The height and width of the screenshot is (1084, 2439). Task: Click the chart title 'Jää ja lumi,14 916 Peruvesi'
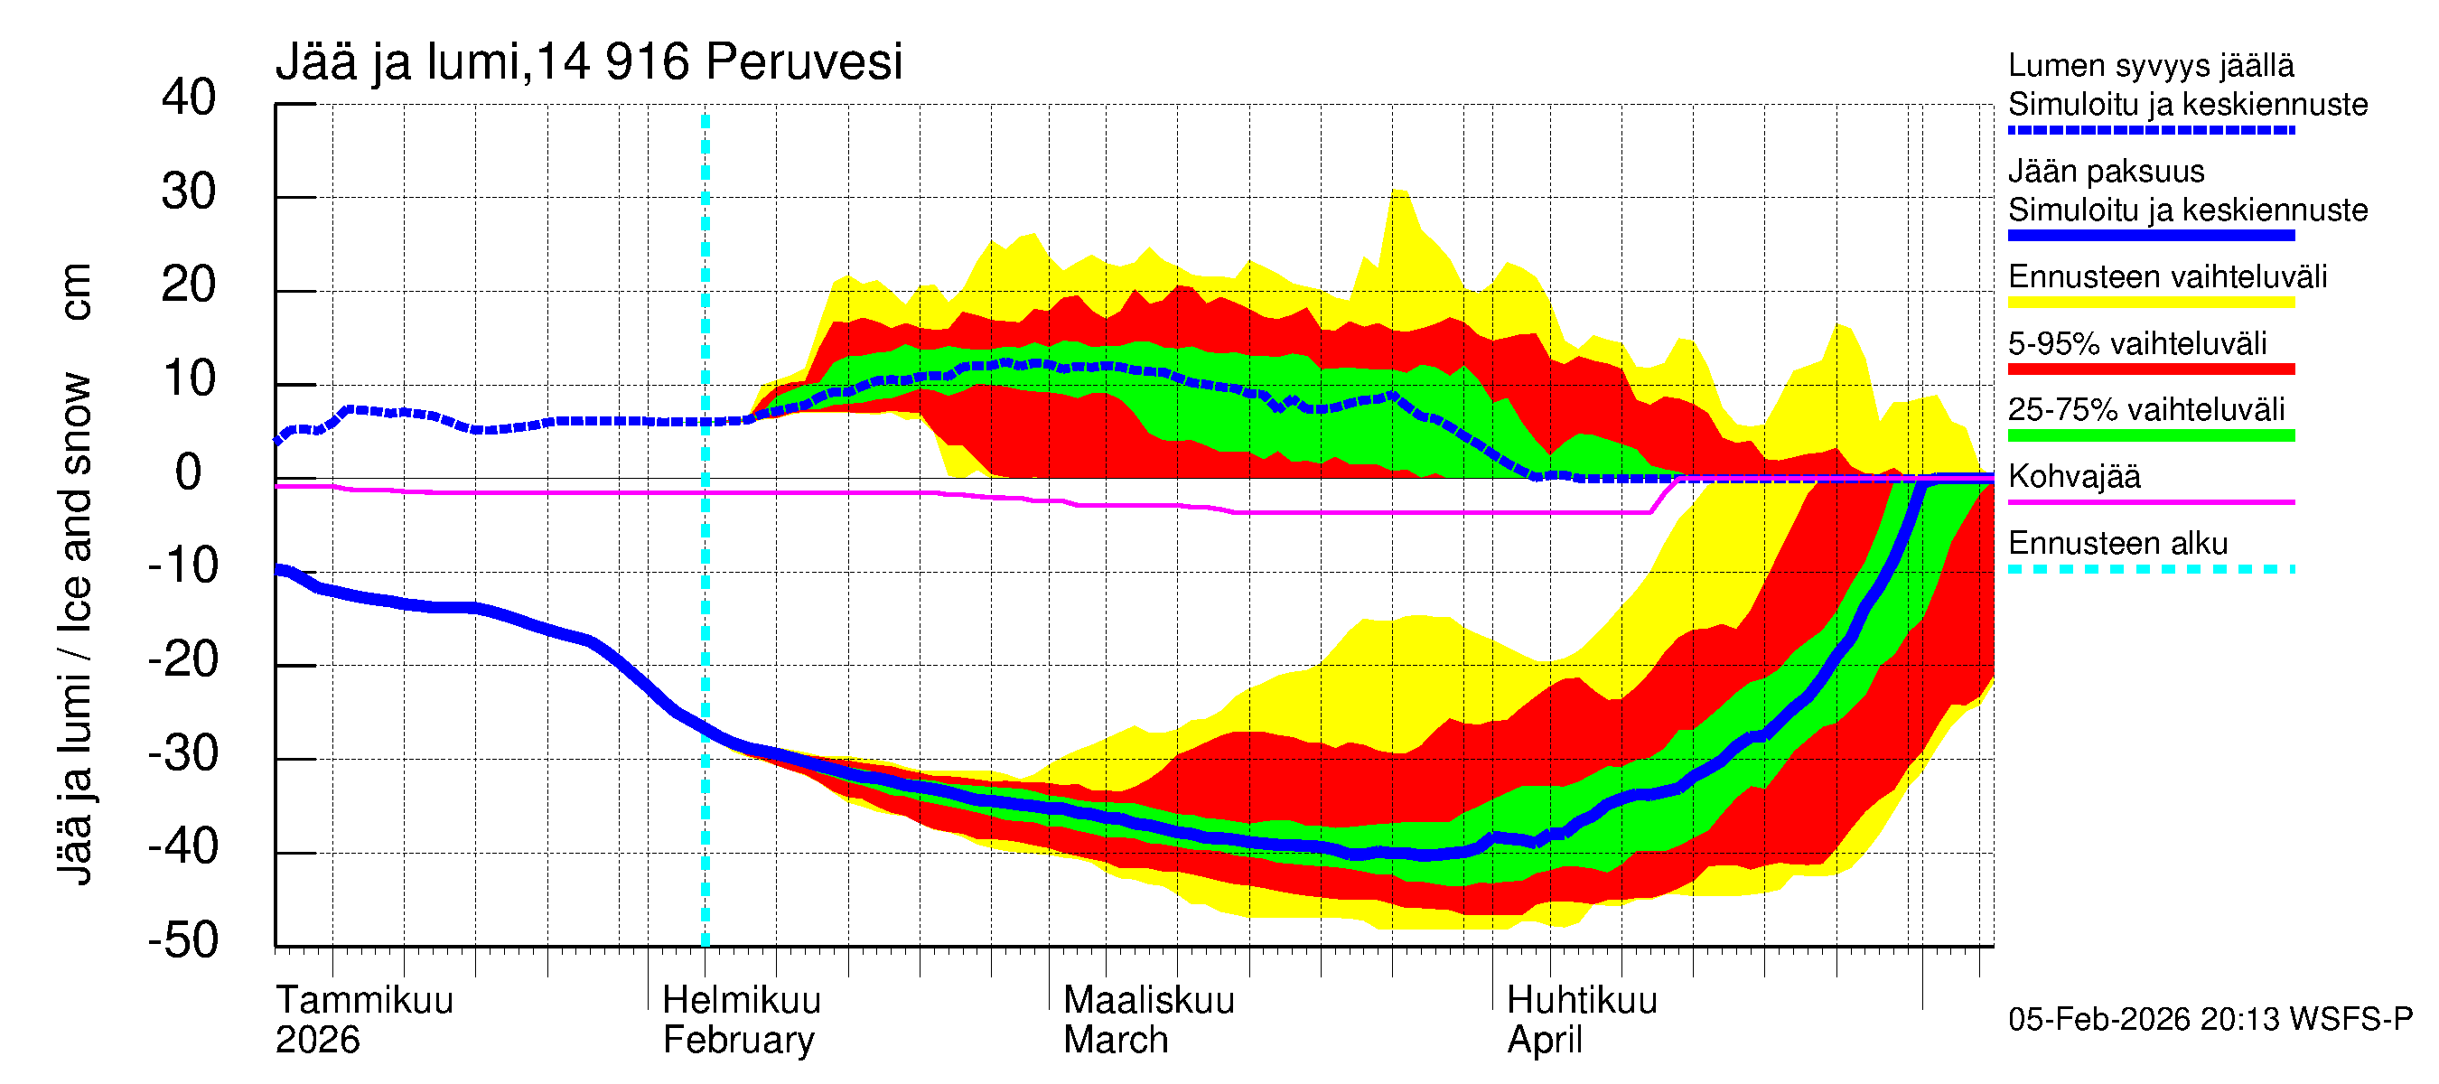[x=588, y=62]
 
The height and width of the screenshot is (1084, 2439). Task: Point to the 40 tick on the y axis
[x=189, y=98]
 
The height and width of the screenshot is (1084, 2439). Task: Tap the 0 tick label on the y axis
[x=189, y=472]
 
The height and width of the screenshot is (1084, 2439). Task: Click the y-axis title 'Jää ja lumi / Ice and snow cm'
[x=75, y=573]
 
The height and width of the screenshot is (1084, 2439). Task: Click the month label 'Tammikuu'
[x=365, y=1000]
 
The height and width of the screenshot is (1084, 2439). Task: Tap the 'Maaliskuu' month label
[x=1148, y=1000]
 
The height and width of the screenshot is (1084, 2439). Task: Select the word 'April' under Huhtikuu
[x=1545, y=1040]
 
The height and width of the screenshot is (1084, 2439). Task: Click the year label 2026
[x=317, y=1040]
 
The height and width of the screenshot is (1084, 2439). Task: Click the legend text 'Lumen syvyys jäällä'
[x=2150, y=65]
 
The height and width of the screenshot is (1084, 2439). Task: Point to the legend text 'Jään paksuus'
[x=2106, y=172]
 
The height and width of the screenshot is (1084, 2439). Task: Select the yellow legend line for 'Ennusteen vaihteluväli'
[x=2150, y=303]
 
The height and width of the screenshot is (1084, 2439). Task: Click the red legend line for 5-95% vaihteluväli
[x=2150, y=369]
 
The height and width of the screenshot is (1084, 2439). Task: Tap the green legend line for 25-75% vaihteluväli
[x=2150, y=435]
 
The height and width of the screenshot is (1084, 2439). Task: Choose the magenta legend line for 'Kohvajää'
[x=2150, y=501]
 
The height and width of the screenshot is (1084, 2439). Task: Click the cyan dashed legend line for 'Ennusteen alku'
[x=2150, y=569]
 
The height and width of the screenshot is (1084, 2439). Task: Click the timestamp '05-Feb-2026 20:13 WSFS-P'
[x=2210, y=1019]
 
